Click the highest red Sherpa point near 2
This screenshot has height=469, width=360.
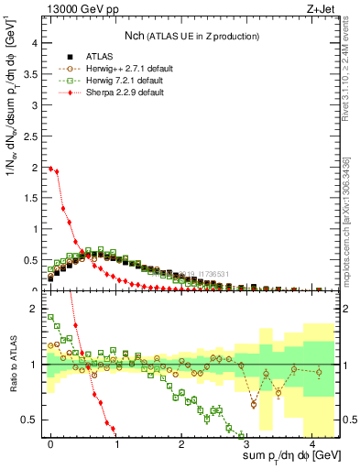coord(50,168)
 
